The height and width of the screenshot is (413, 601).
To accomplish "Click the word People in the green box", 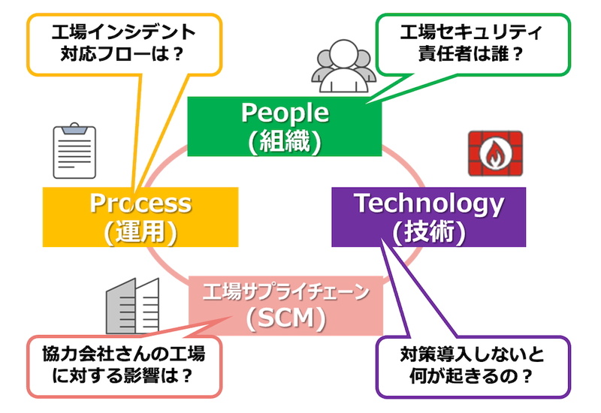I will pos(285,113).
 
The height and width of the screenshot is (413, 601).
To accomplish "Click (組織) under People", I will pos(285,140).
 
